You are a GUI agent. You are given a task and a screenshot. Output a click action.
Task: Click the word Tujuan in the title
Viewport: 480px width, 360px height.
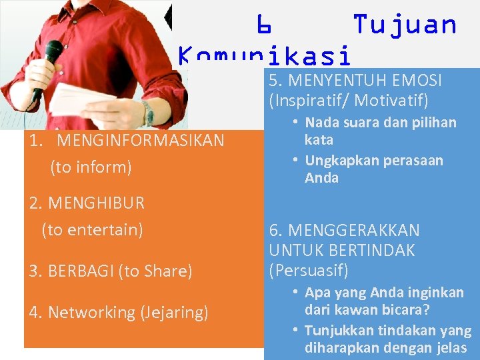(405, 25)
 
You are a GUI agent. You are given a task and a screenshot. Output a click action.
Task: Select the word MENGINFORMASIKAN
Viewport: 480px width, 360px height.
(141, 141)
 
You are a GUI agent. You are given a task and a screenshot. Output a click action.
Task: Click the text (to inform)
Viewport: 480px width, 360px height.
(91, 167)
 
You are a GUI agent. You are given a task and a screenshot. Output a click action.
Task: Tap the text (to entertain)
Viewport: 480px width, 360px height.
(92, 230)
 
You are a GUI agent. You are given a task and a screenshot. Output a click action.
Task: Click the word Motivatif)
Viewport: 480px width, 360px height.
(391, 101)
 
